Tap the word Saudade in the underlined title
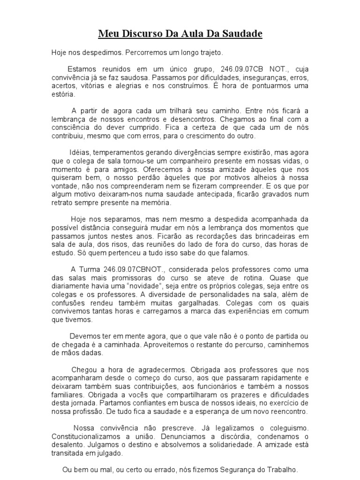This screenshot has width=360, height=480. pos(241,34)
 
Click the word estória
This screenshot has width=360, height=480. pos(62,94)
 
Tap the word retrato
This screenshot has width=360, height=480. pos(61,203)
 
